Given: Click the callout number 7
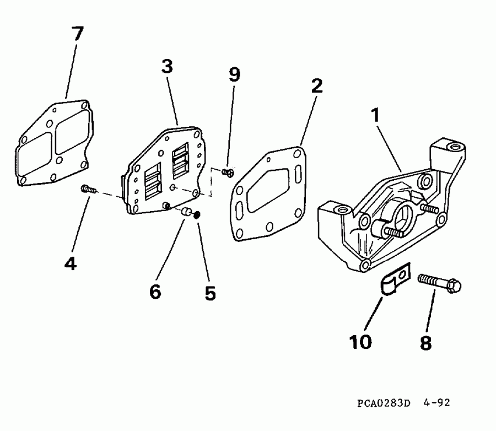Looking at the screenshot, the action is pyautogui.click(x=78, y=34).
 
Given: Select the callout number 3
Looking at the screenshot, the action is pyautogui.click(x=168, y=67).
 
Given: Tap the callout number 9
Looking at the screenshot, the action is pyautogui.click(x=234, y=74).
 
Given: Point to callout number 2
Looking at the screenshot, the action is pyautogui.click(x=317, y=86).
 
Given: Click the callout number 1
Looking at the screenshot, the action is pyautogui.click(x=375, y=115).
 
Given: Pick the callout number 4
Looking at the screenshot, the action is pyautogui.click(x=70, y=263).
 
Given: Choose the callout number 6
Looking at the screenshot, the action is pyautogui.click(x=155, y=292).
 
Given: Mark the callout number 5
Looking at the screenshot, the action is pyautogui.click(x=211, y=293).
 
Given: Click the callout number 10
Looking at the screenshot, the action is pyautogui.click(x=360, y=342).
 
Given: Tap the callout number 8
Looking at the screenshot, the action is pyautogui.click(x=426, y=343).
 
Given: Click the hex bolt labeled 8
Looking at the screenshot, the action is pyautogui.click(x=439, y=283).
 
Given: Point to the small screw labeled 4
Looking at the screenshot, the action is pyautogui.click(x=89, y=190).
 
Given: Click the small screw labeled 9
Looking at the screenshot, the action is pyautogui.click(x=228, y=173).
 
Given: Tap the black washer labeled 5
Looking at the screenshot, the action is pyautogui.click(x=197, y=215).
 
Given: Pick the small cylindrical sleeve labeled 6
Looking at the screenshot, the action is pyautogui.click(x=186, y=212).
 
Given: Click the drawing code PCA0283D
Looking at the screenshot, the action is pyautogui.click(x=384, y=403).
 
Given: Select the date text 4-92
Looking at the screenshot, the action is pyautogui.click(x=436, y=402).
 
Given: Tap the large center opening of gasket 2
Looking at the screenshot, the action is pyautogui.click(x=268, y=190).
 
